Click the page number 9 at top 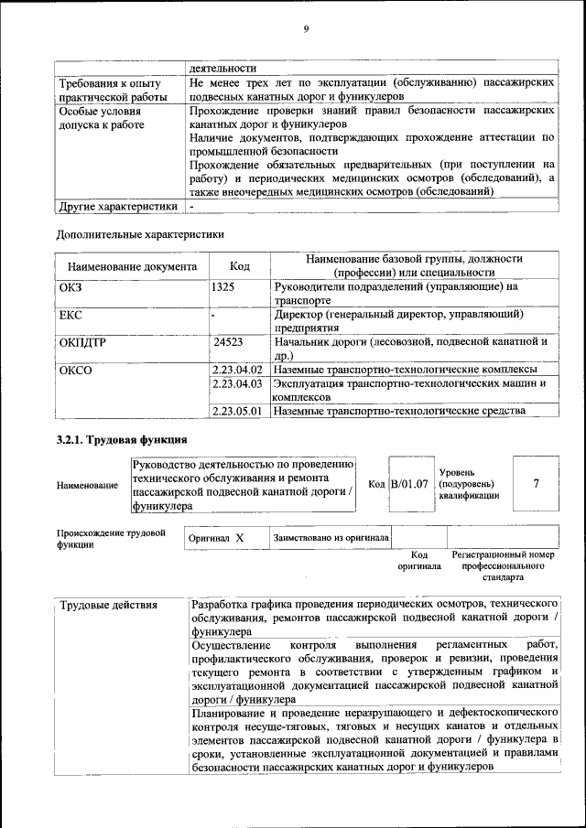[x=306, y=29]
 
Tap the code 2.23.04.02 [x=237, y=369]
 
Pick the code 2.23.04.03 [x=237, y=383]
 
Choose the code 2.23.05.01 [x=237, y=411]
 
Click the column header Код [x=240, y=266]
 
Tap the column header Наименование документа [x=132, y=267]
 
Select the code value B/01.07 [x=409, y=483]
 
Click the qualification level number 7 [x=535, y=482]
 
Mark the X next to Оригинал [x=239, y=538]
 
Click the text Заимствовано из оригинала [x=331, y=538]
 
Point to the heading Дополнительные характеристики [x=140, y=234]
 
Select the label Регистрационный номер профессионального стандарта [x=504, y=566]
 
